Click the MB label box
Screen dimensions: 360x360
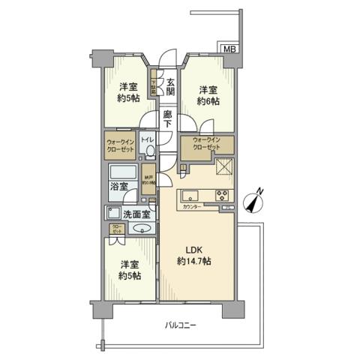229,49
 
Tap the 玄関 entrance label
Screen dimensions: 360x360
170,87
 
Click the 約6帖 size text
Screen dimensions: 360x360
208,101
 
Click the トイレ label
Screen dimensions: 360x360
148,140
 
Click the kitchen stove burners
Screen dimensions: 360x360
225,196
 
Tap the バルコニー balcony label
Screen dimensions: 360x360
180,325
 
